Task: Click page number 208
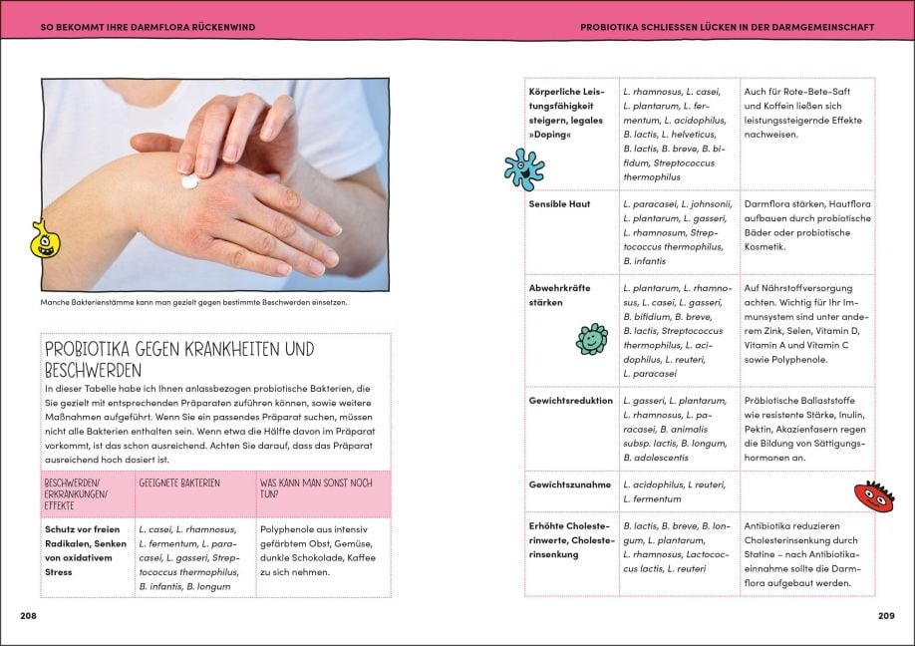click(28, 615)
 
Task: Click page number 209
click(885, 615)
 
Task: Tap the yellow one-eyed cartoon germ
click(44, 240)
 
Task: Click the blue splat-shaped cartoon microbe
click(522, 168)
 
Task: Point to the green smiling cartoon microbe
click(591, 339)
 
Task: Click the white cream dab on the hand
click(189, 182)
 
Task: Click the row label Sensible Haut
click(559, 204)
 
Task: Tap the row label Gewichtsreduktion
click(570, 401)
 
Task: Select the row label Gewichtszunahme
click(569, 484)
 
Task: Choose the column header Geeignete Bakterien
click(179, 483)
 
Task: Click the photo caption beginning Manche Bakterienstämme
click(193, 302)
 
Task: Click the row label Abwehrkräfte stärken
click(559, 295)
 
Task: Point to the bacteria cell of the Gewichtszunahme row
click(675, 491)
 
